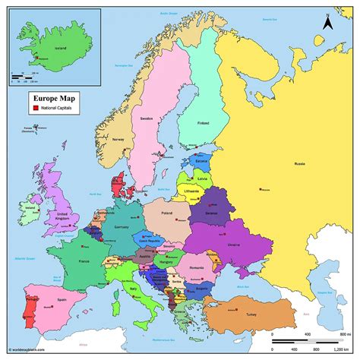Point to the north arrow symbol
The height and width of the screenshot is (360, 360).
pos(327,24)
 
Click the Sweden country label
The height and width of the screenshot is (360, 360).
pos(147,118)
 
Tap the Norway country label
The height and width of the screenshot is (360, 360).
pos(117,140)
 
